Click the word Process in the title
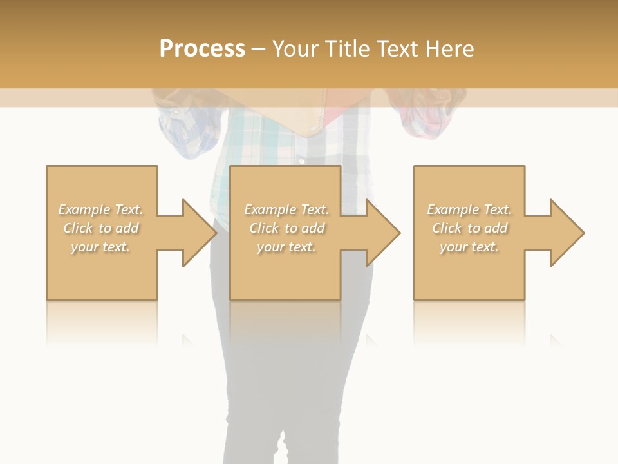click(202, 49)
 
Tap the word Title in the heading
click(346, 49)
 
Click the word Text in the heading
click(396, 49)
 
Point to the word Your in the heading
click(296, 49)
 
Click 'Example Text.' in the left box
click(101, 209)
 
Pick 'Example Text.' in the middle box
click(286, 209)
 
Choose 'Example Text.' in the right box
click(469, 209)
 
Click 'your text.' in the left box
click(100, 247)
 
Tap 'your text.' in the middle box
click(286, 247)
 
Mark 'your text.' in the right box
click(469, 247)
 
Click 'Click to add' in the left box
click(101, 228)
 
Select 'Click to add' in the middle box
click(287, 228)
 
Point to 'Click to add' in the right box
click(470, 228)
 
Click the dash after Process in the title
click(259, 50)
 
